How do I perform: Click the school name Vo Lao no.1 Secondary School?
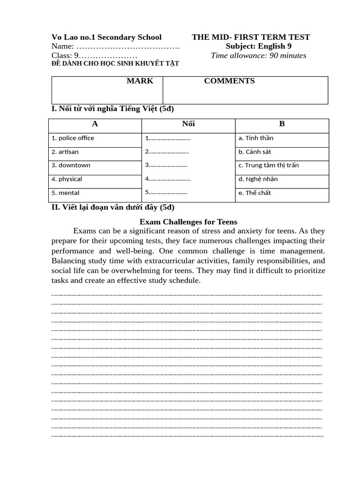106,37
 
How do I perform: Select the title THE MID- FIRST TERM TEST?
251,37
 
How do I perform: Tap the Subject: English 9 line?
258,46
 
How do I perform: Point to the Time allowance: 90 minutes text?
258,56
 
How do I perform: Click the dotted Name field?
127,46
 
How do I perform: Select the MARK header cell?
140,81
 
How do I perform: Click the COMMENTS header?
229,81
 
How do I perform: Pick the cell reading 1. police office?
73,138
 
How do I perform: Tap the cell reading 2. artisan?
65,152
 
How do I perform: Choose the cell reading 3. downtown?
71,165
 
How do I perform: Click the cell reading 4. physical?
67,179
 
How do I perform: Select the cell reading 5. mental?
66,193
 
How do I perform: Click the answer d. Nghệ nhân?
258,179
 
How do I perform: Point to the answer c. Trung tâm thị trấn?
268,165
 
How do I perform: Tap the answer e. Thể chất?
255,193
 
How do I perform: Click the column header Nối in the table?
188,124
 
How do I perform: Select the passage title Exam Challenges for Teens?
188,222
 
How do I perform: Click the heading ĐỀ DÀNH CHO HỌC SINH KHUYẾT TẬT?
115,64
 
